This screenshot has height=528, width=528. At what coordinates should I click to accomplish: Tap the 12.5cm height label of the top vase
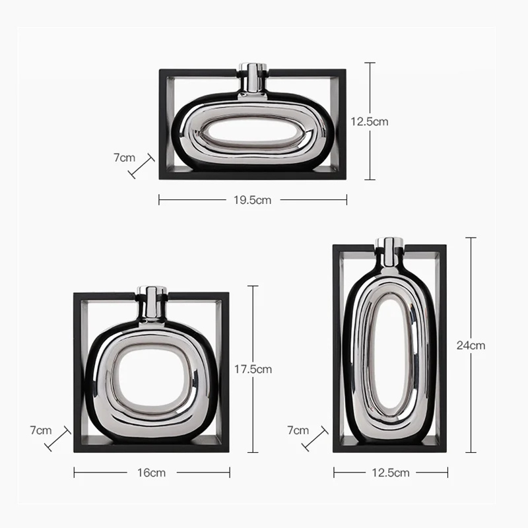pyautogui.click(x=369, y=121)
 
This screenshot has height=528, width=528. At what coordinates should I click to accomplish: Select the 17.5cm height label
pyautogui.click(x=253, y=369)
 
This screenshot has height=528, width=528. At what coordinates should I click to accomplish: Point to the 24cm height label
pyautogui.click(x=471, y=345)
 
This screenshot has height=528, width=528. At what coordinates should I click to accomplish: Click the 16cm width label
pyautogui.click(x=152, y=473)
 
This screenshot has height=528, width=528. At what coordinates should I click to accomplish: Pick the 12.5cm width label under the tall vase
pyautogui.click(x=390, y=473)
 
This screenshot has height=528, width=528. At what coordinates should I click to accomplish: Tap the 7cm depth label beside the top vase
pyautogui.click(x=124, y=158)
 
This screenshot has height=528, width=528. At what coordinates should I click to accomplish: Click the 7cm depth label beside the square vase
pyautogui.click(x=40, y=430)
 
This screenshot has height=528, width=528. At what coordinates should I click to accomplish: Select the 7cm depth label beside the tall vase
pyautogui.click(x=298, y=430)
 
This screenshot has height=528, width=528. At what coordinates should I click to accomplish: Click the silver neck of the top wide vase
pyautogui.click(x=251, y=77)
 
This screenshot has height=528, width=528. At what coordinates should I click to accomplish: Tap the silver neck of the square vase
pyautogui.click(x=151, y=301)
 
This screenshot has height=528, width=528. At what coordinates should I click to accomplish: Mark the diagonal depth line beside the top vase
pyautogui.click(x=142, y=166)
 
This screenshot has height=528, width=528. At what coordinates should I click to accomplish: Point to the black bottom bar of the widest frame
pyautogui.click(x=253, y=176)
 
